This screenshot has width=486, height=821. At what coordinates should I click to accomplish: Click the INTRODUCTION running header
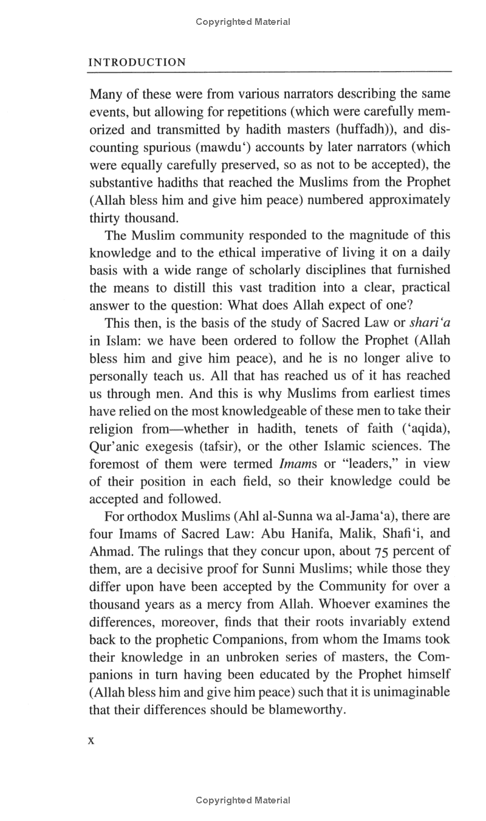137,62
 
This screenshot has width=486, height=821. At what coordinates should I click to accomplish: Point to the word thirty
103,217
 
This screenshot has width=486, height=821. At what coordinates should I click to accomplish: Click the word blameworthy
303,710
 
